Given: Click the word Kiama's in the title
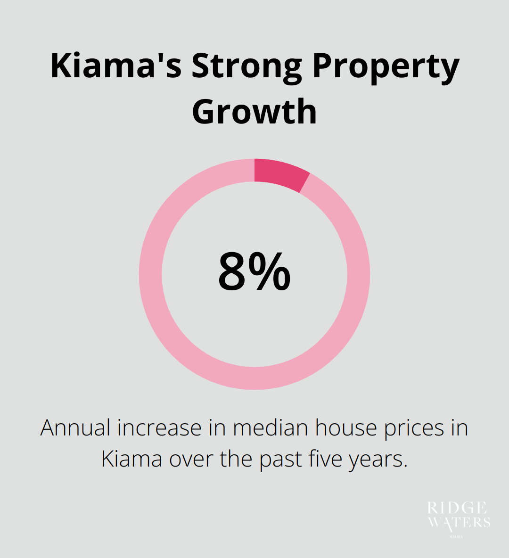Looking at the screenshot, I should pos(116,66).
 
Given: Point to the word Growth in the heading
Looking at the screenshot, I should pos(254,111).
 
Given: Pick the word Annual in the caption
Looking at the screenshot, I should pos(75,428).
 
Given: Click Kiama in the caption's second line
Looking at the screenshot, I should pos(132,459).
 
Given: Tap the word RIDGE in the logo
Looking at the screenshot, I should pos(457,508).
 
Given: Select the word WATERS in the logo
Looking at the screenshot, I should pos(459,522).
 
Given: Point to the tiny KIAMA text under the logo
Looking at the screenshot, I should pos(457,536).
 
